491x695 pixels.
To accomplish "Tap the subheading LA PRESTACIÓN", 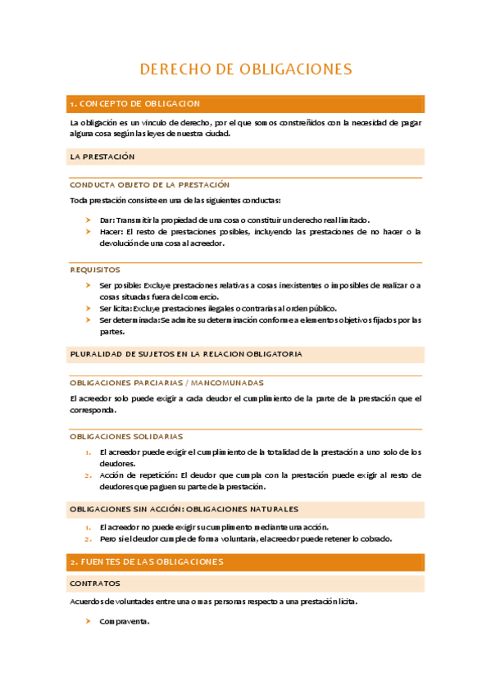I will click(102, 156).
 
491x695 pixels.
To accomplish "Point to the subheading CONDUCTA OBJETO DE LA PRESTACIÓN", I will click(149, 185).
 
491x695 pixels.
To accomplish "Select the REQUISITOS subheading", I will click(95, 270).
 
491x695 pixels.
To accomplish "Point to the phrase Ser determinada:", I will click(130, 320).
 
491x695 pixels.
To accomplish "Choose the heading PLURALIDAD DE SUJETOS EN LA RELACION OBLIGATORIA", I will click(186, 354).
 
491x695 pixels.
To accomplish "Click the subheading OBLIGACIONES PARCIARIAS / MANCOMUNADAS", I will click(167, 383).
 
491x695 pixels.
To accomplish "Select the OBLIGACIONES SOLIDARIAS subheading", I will click(126, 437).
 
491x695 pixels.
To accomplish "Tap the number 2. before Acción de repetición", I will click(88, 475).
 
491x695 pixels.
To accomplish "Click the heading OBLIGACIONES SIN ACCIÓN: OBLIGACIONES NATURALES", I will click(184, 509).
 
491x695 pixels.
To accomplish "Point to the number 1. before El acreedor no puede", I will click(88, 527).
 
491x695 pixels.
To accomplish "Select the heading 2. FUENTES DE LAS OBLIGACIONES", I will click(147, 562).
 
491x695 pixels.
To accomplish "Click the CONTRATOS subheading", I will click(95, 584).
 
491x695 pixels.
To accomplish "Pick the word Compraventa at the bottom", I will click(125, 621).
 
